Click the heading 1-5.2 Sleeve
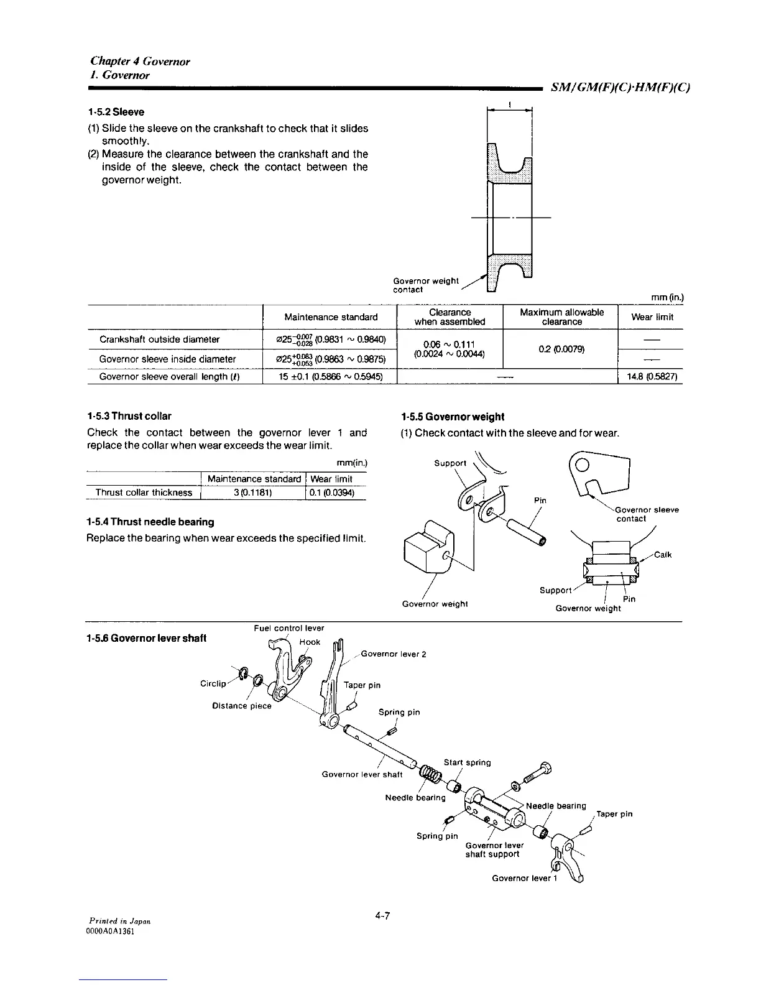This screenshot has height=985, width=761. click(x=116, y=112)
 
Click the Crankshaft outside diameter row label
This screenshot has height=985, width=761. click(x=160, y=340)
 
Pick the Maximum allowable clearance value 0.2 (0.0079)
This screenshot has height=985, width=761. click(x=560, y=349)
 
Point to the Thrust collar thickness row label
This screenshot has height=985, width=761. click(x=144, y=492)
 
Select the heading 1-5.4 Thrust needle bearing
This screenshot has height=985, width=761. click(x=150, y=522)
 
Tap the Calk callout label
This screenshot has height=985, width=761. click(x=662, y=555)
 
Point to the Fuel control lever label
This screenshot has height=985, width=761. click(x=289, y=628)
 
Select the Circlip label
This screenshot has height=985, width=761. click(x=213, y=683)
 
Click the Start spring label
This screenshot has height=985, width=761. click(x=467, y=762)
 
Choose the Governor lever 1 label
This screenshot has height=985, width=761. click(x=521, y=878)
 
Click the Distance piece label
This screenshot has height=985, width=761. click(x=242, y=706)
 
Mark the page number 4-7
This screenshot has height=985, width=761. click(x=382, y=916)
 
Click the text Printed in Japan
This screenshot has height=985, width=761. click(x=118, y=920)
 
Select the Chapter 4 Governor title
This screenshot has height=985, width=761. click(x=140, y=61)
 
